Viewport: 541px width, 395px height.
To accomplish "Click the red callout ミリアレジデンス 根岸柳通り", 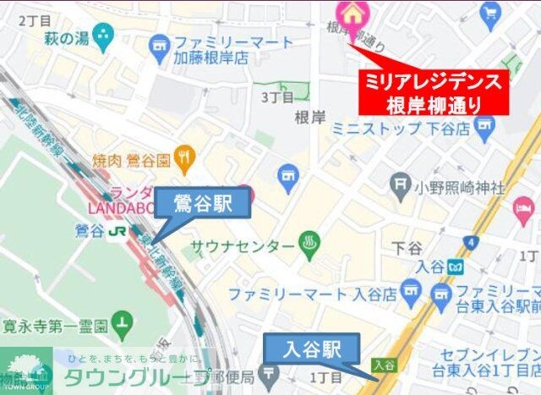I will pos(433,93).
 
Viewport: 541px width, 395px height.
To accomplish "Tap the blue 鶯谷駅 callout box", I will pos(203,204).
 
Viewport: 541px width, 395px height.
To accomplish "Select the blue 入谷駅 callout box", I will pos(312,348).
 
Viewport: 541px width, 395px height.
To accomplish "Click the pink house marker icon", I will pos(348,12).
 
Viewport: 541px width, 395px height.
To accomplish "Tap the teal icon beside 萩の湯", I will pos(105,36).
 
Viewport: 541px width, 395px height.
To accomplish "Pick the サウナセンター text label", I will pos(242,246).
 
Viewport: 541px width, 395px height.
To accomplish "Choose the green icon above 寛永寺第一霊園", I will pos(123,321).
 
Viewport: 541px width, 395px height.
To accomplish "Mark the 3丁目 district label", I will pos(276,97).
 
